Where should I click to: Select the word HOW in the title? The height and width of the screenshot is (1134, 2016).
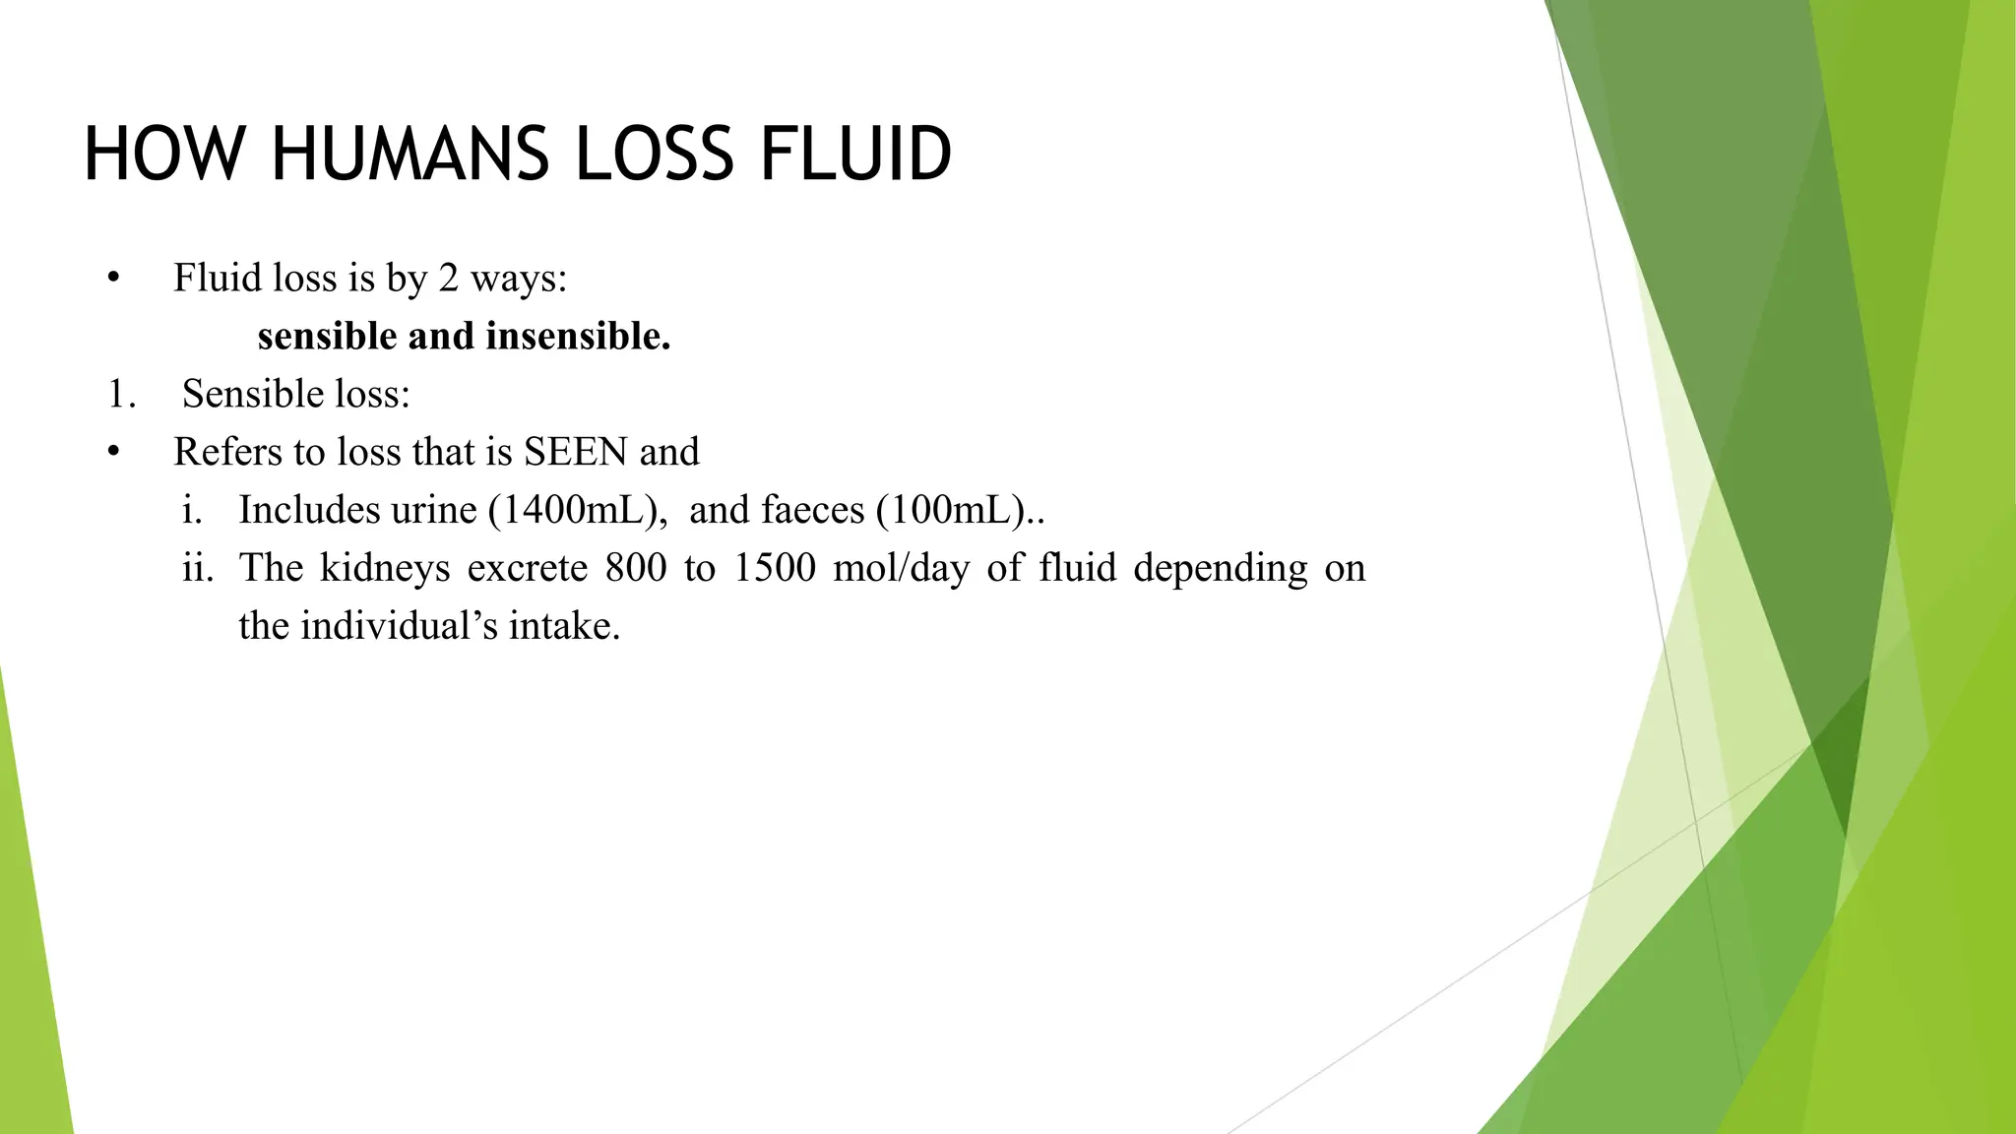point(163,155)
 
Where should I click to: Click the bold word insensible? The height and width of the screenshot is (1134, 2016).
point(578,337)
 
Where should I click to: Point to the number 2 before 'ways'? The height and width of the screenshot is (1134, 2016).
point(449,279)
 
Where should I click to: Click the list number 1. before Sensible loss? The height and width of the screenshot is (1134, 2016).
point(122,395)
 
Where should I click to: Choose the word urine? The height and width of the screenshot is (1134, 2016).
point(433,511)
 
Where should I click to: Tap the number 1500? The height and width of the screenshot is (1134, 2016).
point(775,569)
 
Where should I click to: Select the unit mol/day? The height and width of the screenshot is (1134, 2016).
point(901,569)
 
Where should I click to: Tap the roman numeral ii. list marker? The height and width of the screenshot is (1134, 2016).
point(198,569)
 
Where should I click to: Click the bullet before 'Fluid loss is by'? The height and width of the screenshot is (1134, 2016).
point(114,279)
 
